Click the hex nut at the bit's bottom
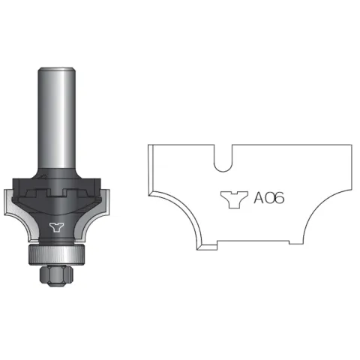point(56,275)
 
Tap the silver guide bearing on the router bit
point(57,254)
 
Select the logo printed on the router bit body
point(57,227)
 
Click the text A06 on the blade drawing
point(269,198)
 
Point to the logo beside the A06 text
point(234,199)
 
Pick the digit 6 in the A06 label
point(279,198)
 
